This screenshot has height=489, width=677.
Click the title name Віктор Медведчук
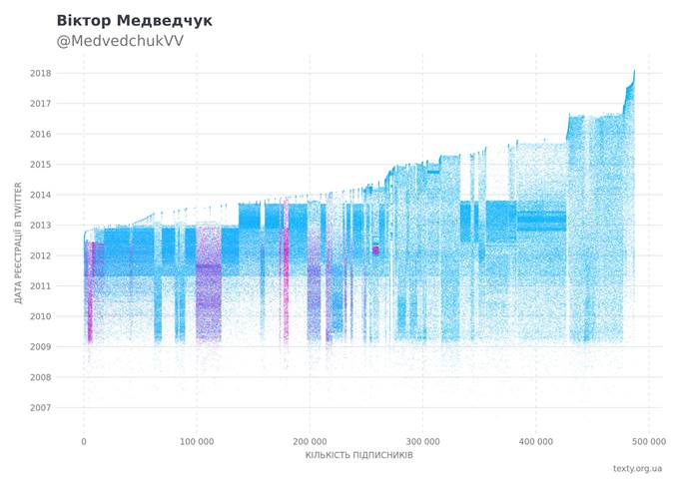[134, 20]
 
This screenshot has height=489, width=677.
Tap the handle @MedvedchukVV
[120, 41]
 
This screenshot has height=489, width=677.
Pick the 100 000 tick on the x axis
[197, 440]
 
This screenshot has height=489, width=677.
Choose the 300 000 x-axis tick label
[423, 440]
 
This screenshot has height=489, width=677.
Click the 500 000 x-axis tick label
[649, 440]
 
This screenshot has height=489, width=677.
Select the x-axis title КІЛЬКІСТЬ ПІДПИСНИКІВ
[359, 456]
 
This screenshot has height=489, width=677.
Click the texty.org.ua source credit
[637, 468]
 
